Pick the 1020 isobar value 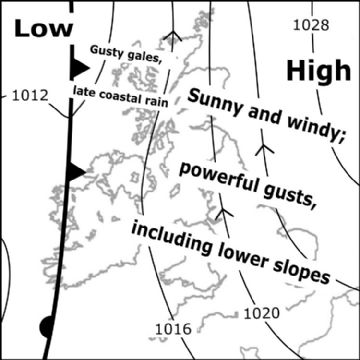[262, 313]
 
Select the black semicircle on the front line [46, 326]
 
